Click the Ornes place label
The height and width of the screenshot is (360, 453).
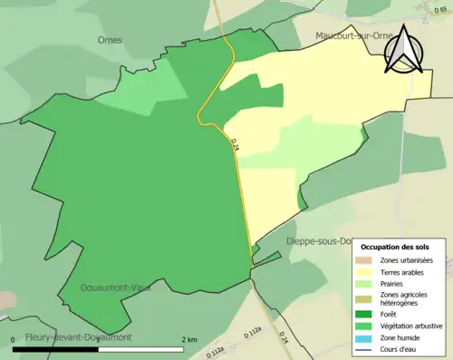click(x=110, y=40)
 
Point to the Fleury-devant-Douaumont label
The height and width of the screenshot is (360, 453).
click(x=72, y=337)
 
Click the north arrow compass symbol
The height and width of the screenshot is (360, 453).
click(x=404, y=50)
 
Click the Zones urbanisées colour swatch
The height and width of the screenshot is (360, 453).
click(x=364, y=261)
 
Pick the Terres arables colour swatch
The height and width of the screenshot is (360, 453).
click(x=364, y=272)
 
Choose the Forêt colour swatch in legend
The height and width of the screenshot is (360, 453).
click(x=364, y=316)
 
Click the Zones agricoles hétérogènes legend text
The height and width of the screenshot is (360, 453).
click(x=404, y=299)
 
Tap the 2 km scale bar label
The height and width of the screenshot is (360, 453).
click(x=188, y=338)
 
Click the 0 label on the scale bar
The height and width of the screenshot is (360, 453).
click(x=14, y=338)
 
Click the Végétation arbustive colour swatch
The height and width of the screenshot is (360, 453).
click(x=364, y=326)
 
